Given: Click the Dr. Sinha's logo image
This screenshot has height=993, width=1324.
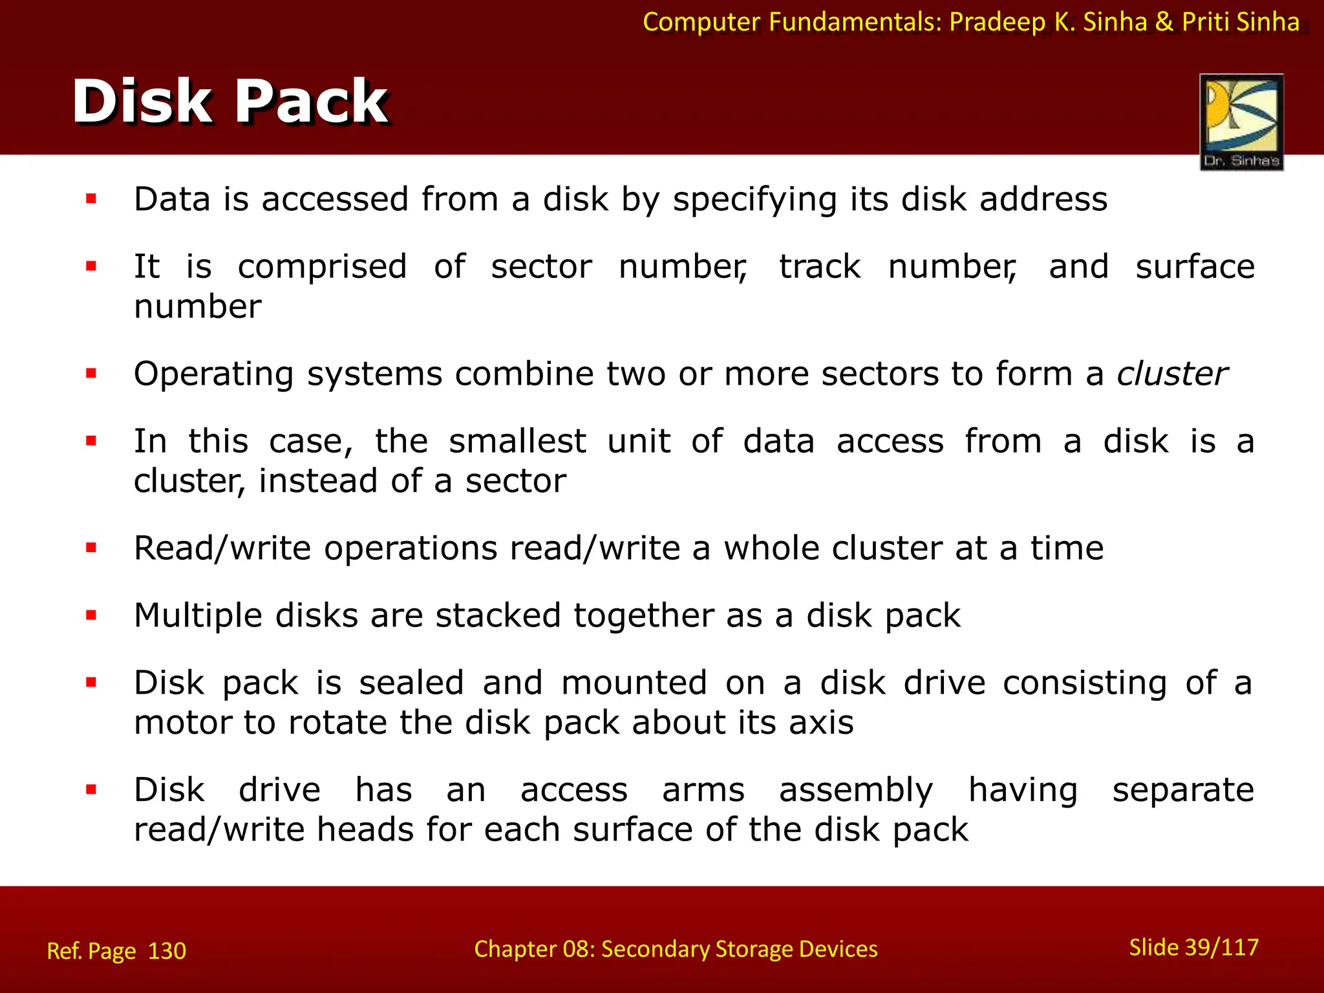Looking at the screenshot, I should pyautogui.click(x=1241, y=122).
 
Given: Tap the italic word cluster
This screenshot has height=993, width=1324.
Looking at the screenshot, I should pyautogui.click(x=1172, y=374).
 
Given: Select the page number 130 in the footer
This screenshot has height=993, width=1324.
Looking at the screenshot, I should pyautogui.click(x=167, y=951).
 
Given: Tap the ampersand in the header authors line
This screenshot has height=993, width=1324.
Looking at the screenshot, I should pyautogui.click(x=1164, y=22).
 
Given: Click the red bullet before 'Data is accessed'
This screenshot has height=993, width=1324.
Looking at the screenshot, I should pyautogui.click(x=91, y=199).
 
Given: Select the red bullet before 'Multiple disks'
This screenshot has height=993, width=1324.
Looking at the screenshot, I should pyautogui.click(x=91, y=615).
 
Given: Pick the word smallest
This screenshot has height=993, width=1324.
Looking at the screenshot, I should pyautogui.click(x=517, y=442).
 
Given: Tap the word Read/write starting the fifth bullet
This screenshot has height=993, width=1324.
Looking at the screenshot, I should pyautogui.click(x=222, y=548).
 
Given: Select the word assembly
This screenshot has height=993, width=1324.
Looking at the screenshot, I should pyautogui.click(x=856, y=790).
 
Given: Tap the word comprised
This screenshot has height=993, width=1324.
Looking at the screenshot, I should pyautogui.click(x=322, y=267).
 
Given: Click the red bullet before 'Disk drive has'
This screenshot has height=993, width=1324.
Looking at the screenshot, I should pyautogui.click(x=91, y=789).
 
